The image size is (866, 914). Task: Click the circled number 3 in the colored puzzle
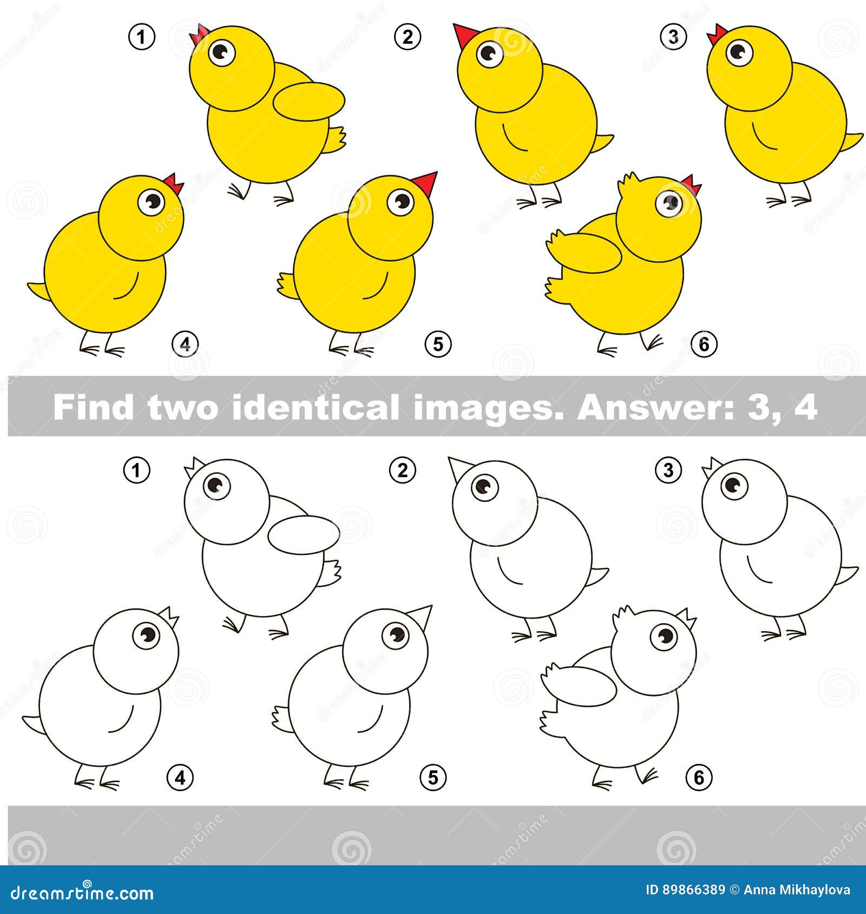pos(673,37)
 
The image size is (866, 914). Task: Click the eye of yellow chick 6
pos(671,203)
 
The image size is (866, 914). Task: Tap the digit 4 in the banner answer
pos(806,407)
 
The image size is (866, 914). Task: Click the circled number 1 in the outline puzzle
pos(136,470)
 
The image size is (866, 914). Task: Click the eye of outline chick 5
pos(396,633)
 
